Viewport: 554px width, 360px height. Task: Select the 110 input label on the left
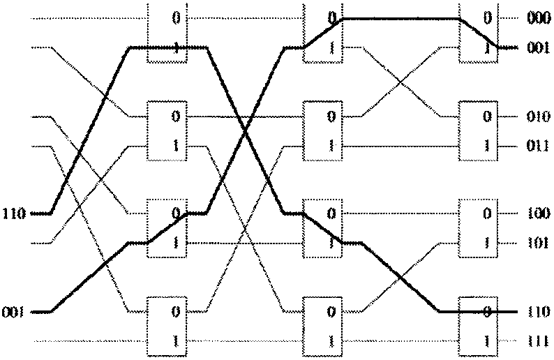click(x=14, y=213)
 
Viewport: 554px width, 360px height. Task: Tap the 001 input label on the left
click(x=14, y=311)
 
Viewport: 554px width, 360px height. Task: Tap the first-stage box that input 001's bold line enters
click(x=168, y=228)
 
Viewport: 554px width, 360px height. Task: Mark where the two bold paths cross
click(x=245, y=129)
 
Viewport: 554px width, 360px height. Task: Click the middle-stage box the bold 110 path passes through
click(x=323, y=228)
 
